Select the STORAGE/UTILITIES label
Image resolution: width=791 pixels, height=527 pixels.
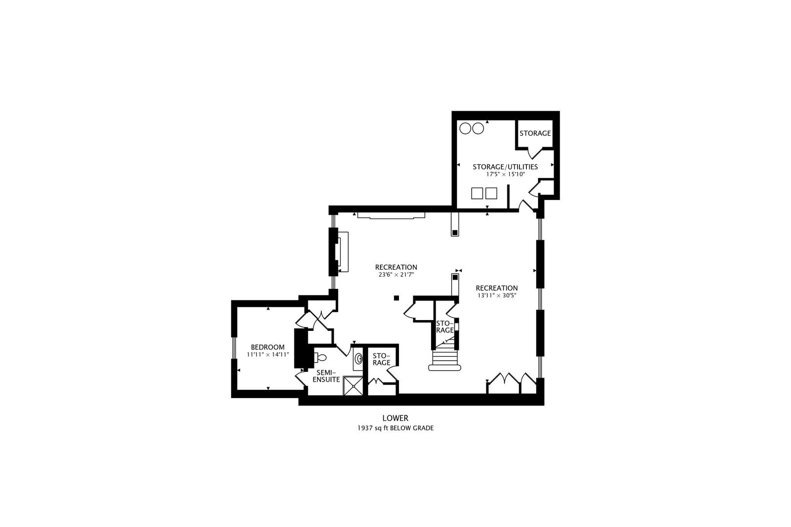(505, 167)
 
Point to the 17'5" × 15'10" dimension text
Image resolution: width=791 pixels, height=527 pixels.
(505, 174)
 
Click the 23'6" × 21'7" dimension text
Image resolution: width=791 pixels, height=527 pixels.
(395, 275)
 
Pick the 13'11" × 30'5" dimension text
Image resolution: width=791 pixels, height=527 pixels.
(497, 295)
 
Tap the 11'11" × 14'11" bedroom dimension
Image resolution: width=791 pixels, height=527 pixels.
(268, 355)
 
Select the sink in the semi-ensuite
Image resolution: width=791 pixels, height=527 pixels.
(359, 359)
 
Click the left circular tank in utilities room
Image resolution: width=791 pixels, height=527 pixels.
(465, 128)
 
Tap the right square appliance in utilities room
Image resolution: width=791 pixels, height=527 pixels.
(491, 193)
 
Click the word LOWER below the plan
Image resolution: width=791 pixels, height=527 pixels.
(395, 418)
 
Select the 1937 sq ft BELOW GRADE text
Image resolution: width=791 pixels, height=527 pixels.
(395, 428)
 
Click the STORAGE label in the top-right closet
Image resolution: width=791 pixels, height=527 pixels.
(535, 133)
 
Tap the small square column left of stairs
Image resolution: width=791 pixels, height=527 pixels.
(396, 298)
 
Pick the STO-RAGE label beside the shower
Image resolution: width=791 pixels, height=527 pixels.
(381, 359)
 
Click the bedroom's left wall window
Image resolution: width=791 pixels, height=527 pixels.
(233, 348)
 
